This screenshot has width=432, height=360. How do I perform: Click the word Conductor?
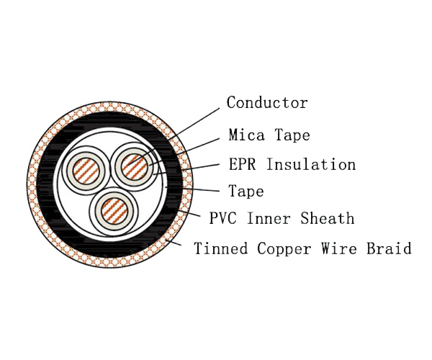tap(267, 102)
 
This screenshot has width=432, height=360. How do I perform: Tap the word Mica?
tap(246, 135)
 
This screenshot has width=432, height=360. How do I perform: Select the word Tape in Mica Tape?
tap(292, 135)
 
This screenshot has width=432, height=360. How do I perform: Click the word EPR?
tap(242, 164)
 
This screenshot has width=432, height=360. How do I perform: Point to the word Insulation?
tap(311, 164)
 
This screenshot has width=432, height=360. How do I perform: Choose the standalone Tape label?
tap(246, 191)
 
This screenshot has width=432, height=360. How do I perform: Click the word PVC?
tap(222, 218)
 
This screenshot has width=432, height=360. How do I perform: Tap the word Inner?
tap(269, 218)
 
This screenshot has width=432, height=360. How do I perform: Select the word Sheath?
tap(328, 218)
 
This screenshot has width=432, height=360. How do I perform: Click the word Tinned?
tap(221, 248)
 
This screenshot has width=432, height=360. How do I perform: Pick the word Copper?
tap(284, 248)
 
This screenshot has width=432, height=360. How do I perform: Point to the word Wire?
tap(338, 248)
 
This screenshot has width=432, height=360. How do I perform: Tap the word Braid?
tap(389, 248)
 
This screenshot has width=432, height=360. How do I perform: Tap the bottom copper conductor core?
tap(114, 211)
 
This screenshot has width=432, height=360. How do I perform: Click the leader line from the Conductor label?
tap(174, 137)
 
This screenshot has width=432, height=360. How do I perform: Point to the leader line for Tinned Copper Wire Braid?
tap(173, 243)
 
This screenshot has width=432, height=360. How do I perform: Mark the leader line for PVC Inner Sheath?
tap(189, 213)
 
